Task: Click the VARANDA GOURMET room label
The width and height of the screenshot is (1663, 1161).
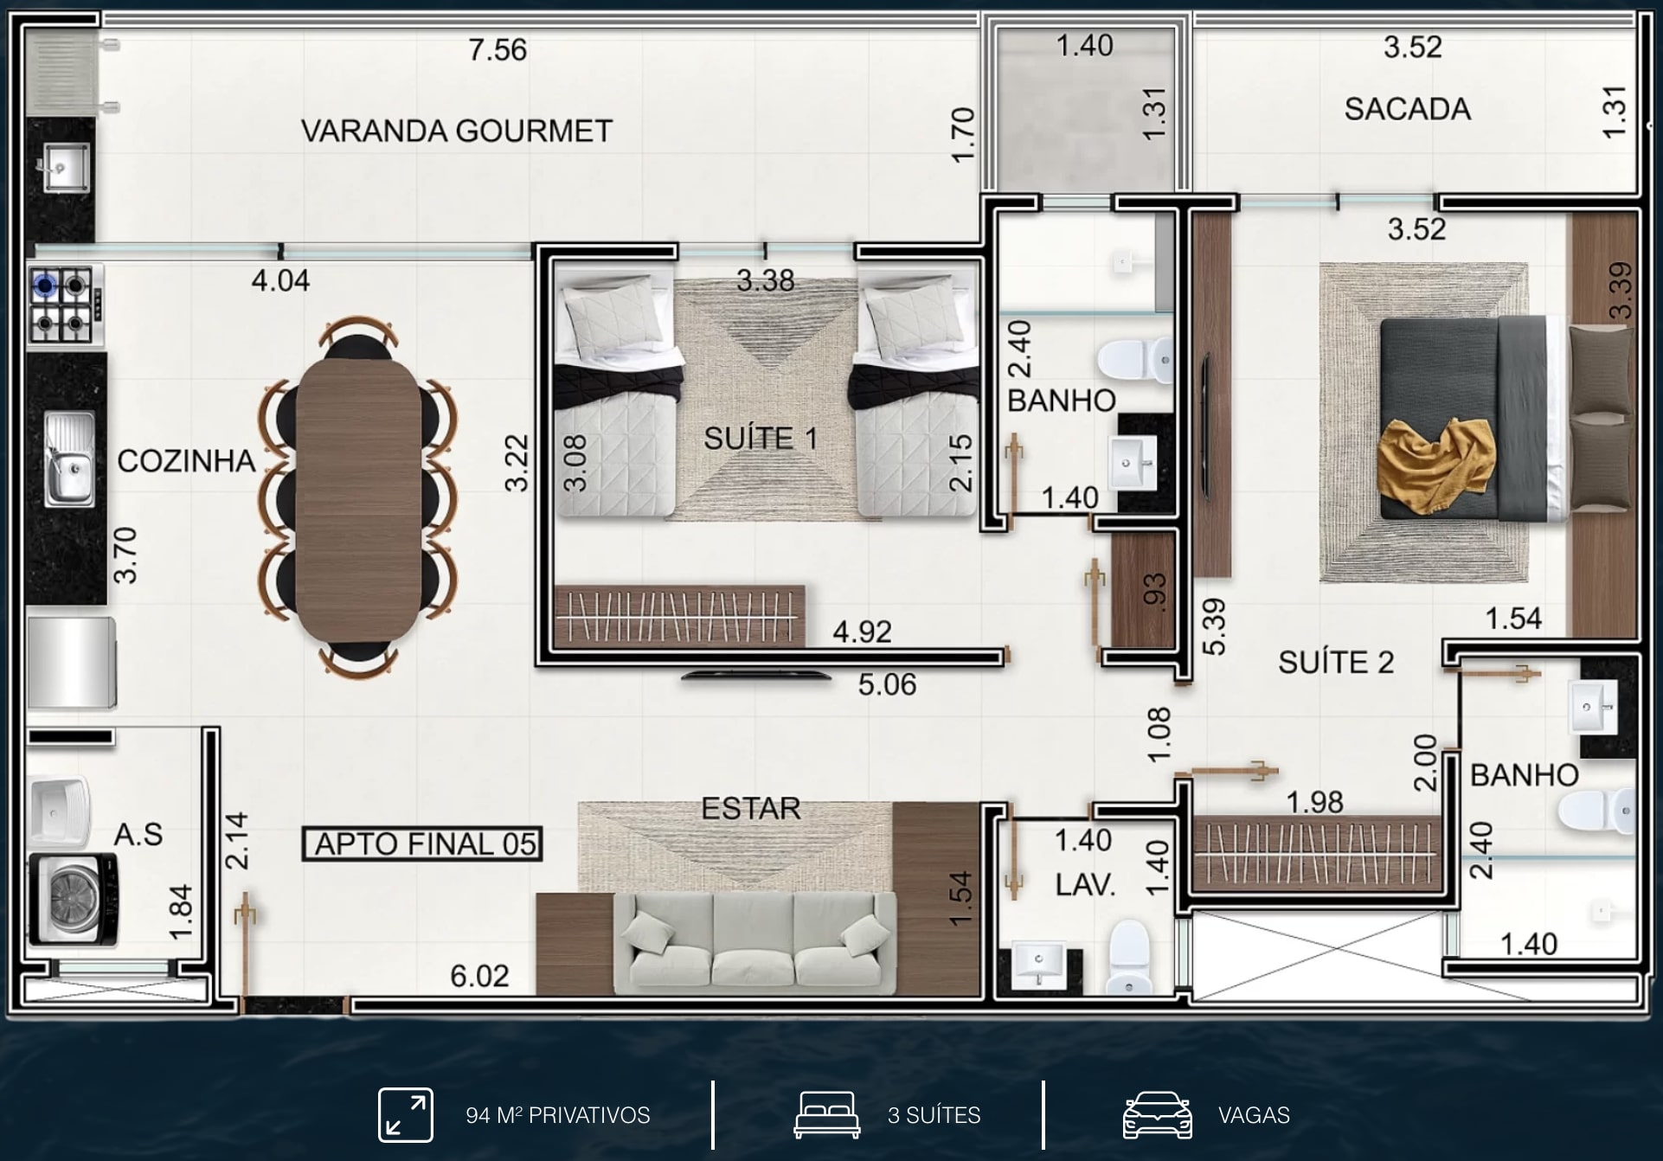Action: (x=457, y=131)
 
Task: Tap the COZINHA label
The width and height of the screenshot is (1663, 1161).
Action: (x=186, y=461)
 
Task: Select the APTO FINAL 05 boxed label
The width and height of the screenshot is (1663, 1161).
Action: (x=422, y=843)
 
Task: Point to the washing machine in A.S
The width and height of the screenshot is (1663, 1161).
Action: (x=73, y=899)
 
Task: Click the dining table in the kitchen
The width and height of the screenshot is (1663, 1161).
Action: (x=358, y=500)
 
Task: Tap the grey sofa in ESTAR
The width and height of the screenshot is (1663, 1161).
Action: (x=754, y=943)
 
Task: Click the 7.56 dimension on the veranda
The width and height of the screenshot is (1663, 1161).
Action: (x=498, y=50)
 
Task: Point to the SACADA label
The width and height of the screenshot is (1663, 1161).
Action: (x=1408, y=109)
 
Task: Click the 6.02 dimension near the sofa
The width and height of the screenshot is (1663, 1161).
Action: (x=479, y=976)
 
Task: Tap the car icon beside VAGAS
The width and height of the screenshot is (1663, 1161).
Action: (x=1157, y=1114)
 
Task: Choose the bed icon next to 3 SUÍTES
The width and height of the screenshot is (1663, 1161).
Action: (x=827, y=1114)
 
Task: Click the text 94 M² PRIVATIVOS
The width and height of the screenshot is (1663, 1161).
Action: (x=558, y=1115)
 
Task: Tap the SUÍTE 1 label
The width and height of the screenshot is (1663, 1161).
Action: (x=761, y=439)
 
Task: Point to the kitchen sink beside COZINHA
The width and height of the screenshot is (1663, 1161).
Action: (x=70, y=459)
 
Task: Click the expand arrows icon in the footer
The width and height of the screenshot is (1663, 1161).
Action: (x=406, y=1114)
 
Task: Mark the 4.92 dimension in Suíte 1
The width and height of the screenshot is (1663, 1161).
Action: (x=862, y=632)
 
